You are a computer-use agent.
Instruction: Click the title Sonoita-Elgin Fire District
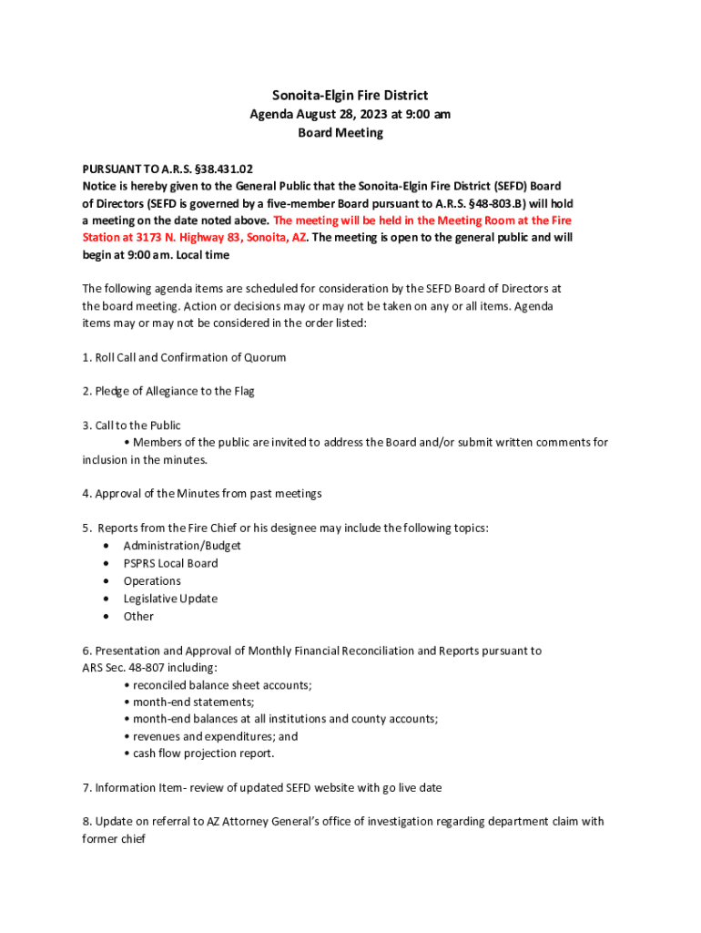[x=350, y=95]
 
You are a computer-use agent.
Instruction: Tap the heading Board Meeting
[x=341, y=133]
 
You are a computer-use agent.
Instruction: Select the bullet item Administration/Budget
[x=182, y=546]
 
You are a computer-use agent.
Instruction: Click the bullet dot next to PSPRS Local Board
[x=107, y=563]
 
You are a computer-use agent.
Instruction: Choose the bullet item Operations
[x=152, y=580]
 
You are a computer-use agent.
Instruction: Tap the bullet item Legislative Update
[x=170, y=599]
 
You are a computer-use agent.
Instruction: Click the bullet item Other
[x=138, y=616]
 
